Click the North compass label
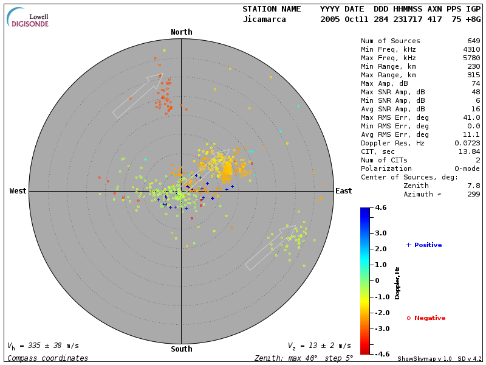pyautogui.click(x=181, y=32)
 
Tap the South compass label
pyautogui.click(x=181, y=349)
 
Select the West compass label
pyautogui.click(x=18, y=191)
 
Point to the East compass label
pyautogui.click(x=344, y=191)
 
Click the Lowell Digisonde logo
pyautogui.click(x=28, y=18)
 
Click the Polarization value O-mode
pyautogui.click(x=466, y=169)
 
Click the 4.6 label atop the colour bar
pyautogui.click(x=381, y=208)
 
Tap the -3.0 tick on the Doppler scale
pyautogui.click(x=381, y=328)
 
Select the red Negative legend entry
pyautogui.click(x=426, y=318)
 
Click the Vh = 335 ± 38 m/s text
pyautogui.click(x=43, y=346)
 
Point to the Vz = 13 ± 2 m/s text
pyautogui.click(x=319, y=346)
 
